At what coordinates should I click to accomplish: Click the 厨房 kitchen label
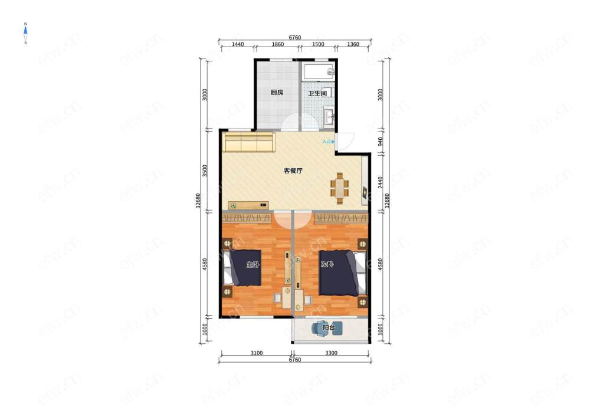pos(277,92)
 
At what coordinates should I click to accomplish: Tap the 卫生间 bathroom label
pos(317,93)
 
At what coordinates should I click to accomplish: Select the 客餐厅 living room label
pos(293,170)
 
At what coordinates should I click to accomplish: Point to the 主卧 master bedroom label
pos(253,265)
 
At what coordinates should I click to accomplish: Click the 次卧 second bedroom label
pos(327,264)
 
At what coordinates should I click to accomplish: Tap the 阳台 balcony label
pos(329,327)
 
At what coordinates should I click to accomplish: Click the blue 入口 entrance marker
pos(329,142)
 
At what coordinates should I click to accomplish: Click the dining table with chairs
pos(340,188)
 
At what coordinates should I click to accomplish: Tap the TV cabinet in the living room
pos(248,205)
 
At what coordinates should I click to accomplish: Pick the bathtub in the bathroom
pos(319,72)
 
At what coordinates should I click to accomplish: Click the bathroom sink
pos(329,116)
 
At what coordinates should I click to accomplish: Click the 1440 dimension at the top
pos(237,44)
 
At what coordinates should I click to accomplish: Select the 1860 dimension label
pos(278,44)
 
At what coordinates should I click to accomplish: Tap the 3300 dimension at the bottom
pos(331,353)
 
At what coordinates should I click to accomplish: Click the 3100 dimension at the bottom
pos(256,353)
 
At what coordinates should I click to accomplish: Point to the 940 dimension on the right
pos(380,142)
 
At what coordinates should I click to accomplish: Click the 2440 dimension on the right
pos(380,182)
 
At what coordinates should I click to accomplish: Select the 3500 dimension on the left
pos(204,170)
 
